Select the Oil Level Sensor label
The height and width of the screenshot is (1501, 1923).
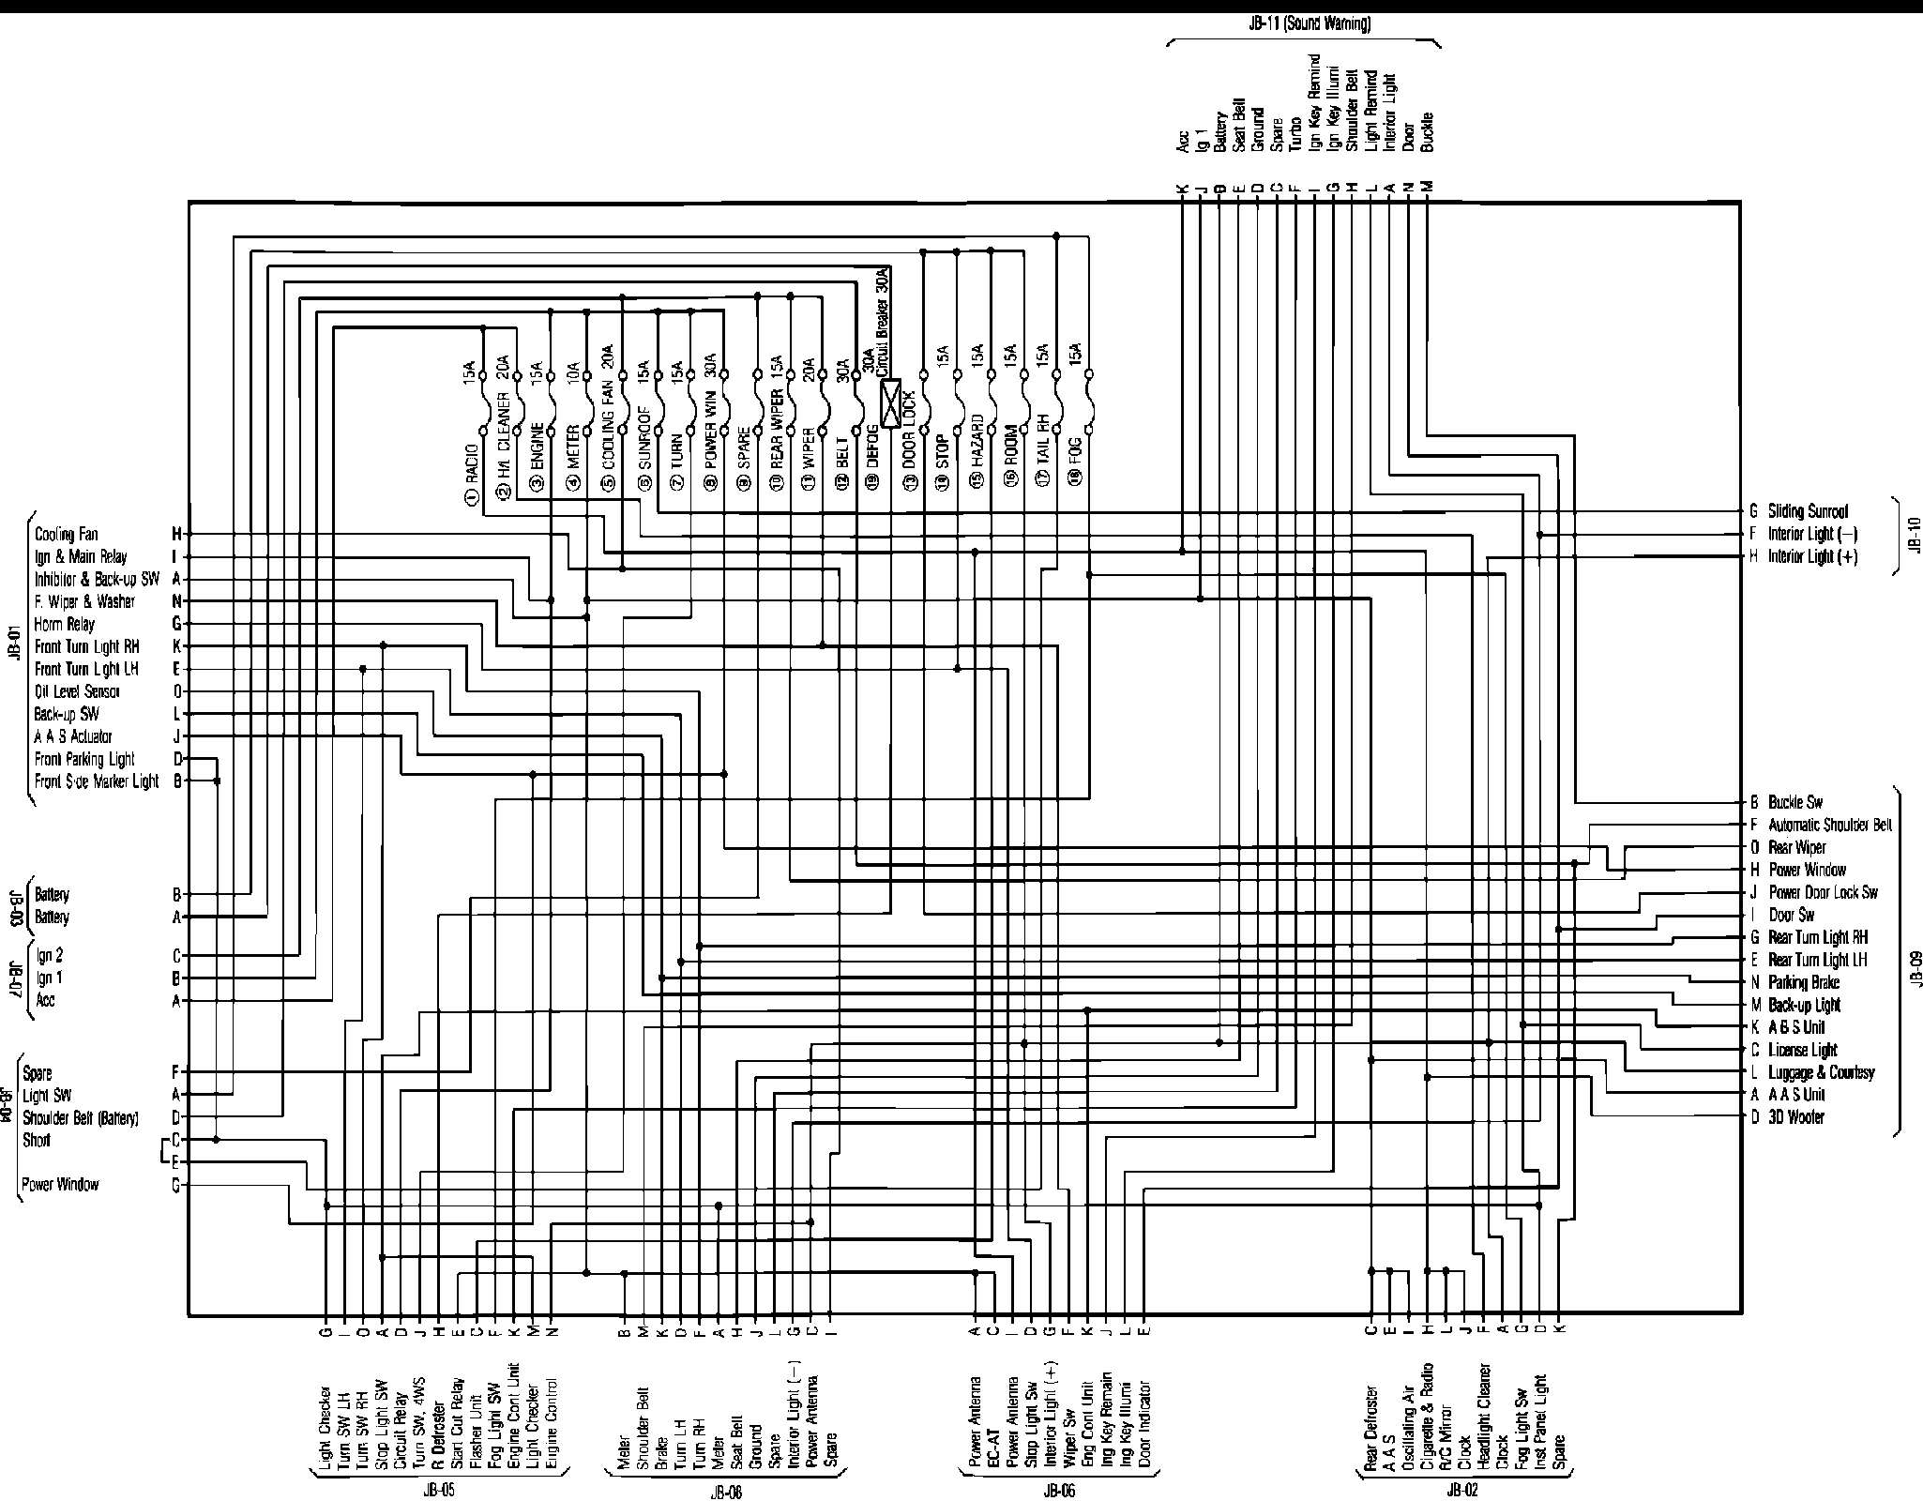pyautogui.click(x=77, y=691)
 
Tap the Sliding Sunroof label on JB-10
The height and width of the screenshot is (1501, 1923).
pyautogui.click(x=1808, y=511)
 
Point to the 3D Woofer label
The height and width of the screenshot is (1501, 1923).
pyautogui.click(x=1796, y=1117)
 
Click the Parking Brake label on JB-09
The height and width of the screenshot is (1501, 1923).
pyautogui.click(x=1804, y=982)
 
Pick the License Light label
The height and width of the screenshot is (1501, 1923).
pyautogui.click(x=1803, y=1050)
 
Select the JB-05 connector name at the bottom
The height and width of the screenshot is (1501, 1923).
pyautogui.click(x=440, y=1490)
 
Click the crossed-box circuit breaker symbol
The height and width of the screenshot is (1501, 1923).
pyautogui.click(x=890, y=402)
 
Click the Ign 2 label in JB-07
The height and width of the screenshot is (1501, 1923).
pyautogui.click(x=50, y=956)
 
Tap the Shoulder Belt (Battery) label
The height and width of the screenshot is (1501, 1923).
pyautogui.click(x=81, y=1117)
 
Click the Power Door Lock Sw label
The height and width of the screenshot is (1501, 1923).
pyautogui.click(x=1824, y=892)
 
